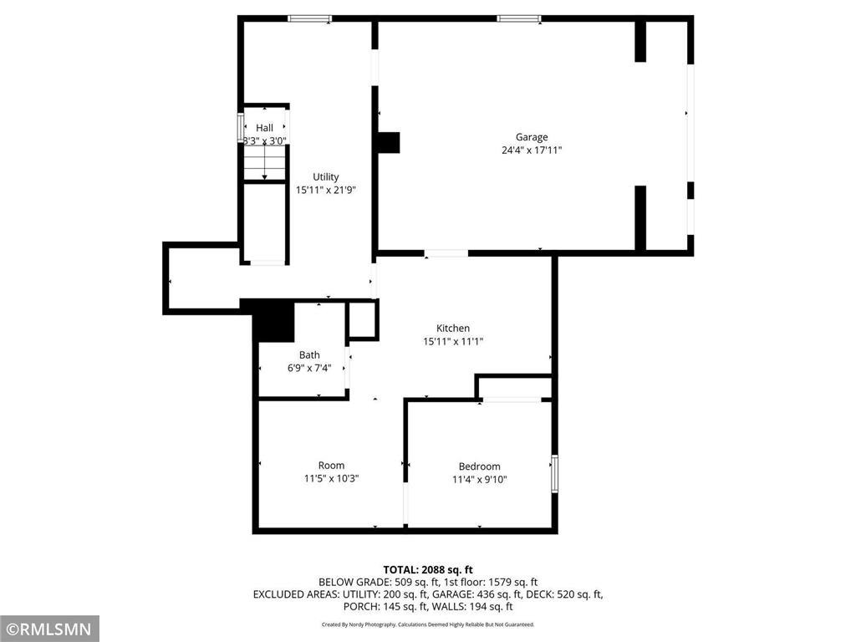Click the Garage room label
click(532, 137)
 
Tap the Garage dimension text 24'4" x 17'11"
click(532, 150)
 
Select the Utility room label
click(325, 176)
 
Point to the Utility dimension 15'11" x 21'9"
click(325, 190)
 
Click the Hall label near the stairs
click(264, 127)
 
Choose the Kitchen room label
click(453, 328)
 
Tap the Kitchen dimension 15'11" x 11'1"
click(453, 341)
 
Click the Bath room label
click(309, 355)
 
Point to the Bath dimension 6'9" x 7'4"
click(309, 369)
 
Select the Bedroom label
click(479, 466)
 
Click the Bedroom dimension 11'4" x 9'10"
click(479, 480)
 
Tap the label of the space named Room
click(331, 466)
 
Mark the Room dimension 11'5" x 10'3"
click(331, 479)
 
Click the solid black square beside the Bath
click(273, 322)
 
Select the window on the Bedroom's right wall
click(553, 473)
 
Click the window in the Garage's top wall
click(519, 18)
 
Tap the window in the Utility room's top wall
click(310, 18)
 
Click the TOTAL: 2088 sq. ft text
click(428, 569)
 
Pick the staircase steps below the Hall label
click(264, 164)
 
